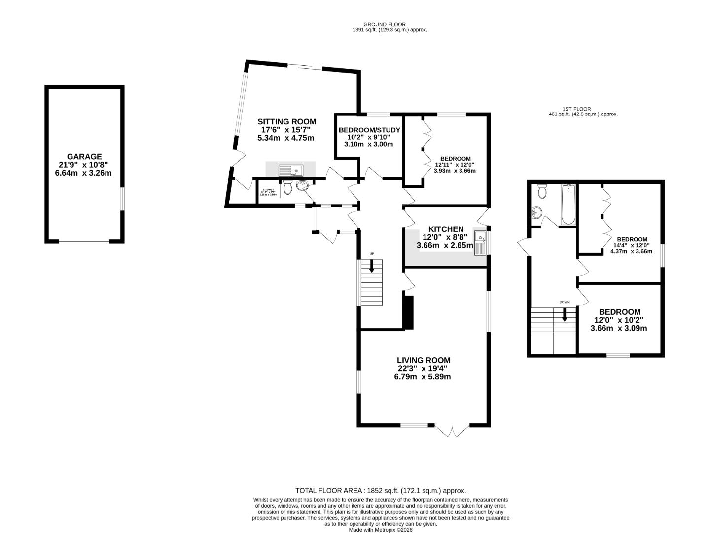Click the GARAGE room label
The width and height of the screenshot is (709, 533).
tap(84, 157)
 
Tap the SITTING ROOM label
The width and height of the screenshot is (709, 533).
tap(286, 121)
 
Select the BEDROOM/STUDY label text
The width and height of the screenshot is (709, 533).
tap(369, 130)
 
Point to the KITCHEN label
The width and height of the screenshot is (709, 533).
tap(446, 229)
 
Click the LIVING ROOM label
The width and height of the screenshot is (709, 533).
tap(424, 360)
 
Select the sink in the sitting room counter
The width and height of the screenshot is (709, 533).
tap(291, 171)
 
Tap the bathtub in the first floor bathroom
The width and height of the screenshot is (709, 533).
tap(568, 204)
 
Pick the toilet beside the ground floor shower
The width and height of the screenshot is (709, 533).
tap(288, 188)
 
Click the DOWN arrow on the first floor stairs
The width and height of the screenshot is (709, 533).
tap(565, 314)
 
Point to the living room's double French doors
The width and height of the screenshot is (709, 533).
tap(452, 431)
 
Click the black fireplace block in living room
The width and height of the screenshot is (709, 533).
tap(408, 312)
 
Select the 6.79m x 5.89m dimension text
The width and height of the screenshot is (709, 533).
tap(422, 377)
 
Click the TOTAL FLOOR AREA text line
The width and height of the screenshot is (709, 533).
tap(380, 490)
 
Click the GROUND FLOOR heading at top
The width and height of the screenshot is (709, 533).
tap(384, 24)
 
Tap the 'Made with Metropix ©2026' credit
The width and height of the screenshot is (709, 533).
tap(380, 530)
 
